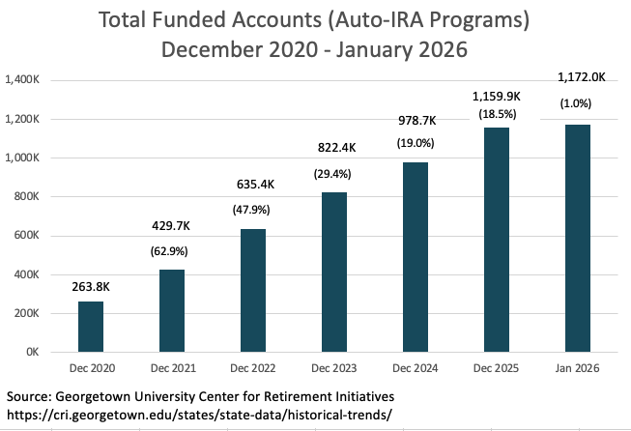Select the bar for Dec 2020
pyautogui.click(x=91, y=327)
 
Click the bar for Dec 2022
pyautogui.click(x=253, y=291)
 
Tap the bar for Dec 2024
pyautogui.click(x=416, y=257)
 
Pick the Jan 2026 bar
pyautogui.click(x=578, y=239)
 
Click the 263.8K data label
pyautogui.click(x=91, y=287)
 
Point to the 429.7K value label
pyautogui.click(x=171, y=226)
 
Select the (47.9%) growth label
pyautogui.click(x=251, y=210)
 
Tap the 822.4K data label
pyautogui.click(x=337, y=148)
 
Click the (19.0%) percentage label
pyautogui.click(x=416, y=143)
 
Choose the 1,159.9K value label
pyautogui.click(x=496, y=97)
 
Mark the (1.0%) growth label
pyautogui.click(x=576, y=103)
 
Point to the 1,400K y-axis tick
pyautogui.click(x=22, y=79)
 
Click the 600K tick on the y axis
pyautogui.click(x=26, y=235)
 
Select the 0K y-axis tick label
pyautogui.click(x=33, y=352)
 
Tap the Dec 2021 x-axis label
pyautogui.click(x=173, y=368)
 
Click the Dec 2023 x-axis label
pyautogui.click(x=334, y=368)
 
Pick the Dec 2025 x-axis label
pyautogui.click(x=496, y=368)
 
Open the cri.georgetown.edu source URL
pyautogui.click(x=199, y=415)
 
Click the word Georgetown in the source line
pyautogui.click(x=93, y=397)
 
